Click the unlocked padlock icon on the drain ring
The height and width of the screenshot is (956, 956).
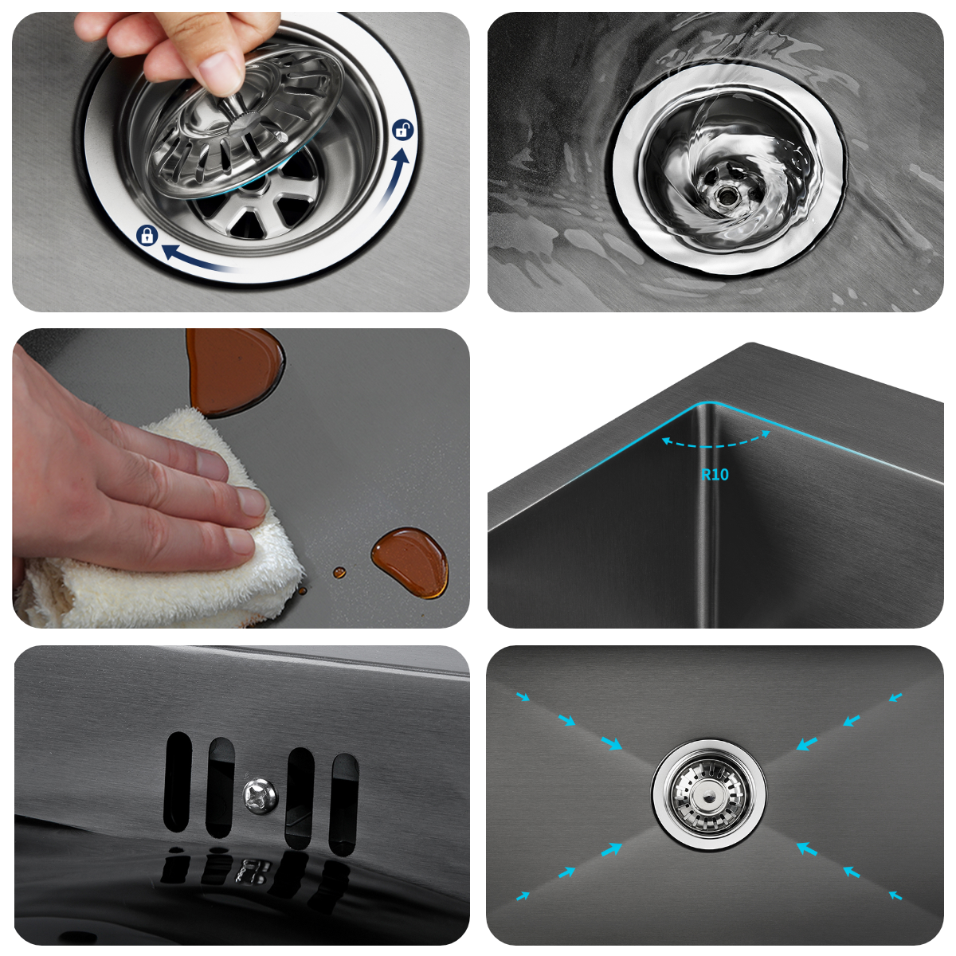pyautogui.click(x=403, y=130)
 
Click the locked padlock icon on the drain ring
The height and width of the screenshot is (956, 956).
pyautogui.click(x=147, y=235)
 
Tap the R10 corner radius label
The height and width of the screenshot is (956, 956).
pyautogui.click(x=715, y=474)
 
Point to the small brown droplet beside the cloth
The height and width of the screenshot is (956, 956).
pyautogui.click(x=339, y=572)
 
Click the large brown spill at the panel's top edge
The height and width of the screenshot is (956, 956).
pyautogui.click(x=234, y=371)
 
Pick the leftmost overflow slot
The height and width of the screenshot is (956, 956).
pyautogui.click(x=178, y=782)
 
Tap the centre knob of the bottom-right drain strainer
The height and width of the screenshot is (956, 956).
pyautogui.click(x=708, y=796)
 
